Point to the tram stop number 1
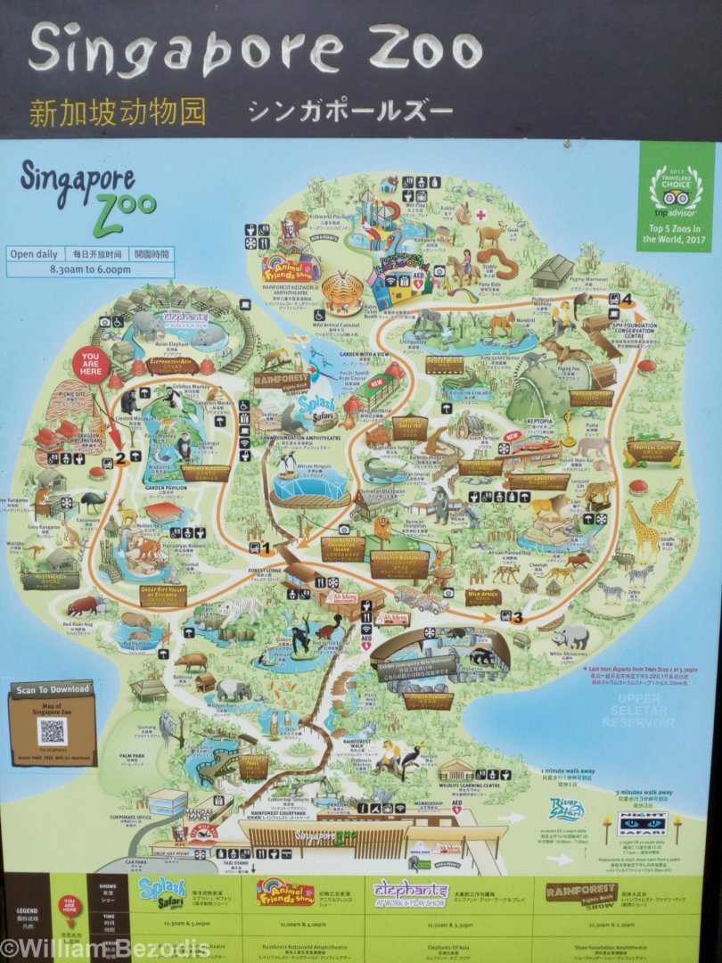265,547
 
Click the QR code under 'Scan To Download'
52,732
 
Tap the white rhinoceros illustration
570,636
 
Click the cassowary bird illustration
91,502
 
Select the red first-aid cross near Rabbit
480,215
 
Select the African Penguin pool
309,486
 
